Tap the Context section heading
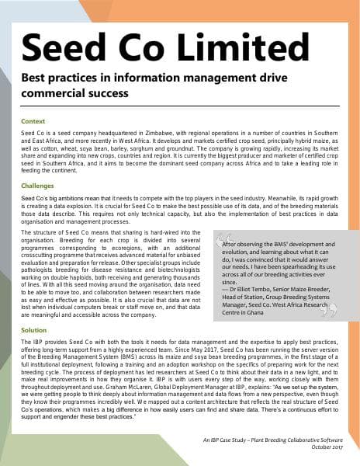(x=33, y=121)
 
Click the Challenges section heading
(x=39, y=186)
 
